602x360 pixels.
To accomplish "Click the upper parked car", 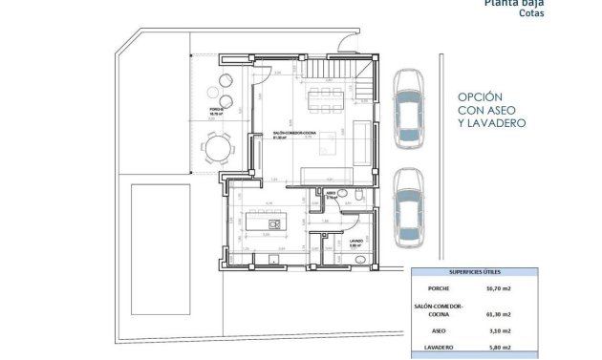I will [412, 109].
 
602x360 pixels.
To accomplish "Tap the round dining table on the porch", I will [217, 149].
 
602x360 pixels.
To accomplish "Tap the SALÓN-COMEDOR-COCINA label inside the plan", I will [289, 133].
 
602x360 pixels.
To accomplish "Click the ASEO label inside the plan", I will [331, 194].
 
